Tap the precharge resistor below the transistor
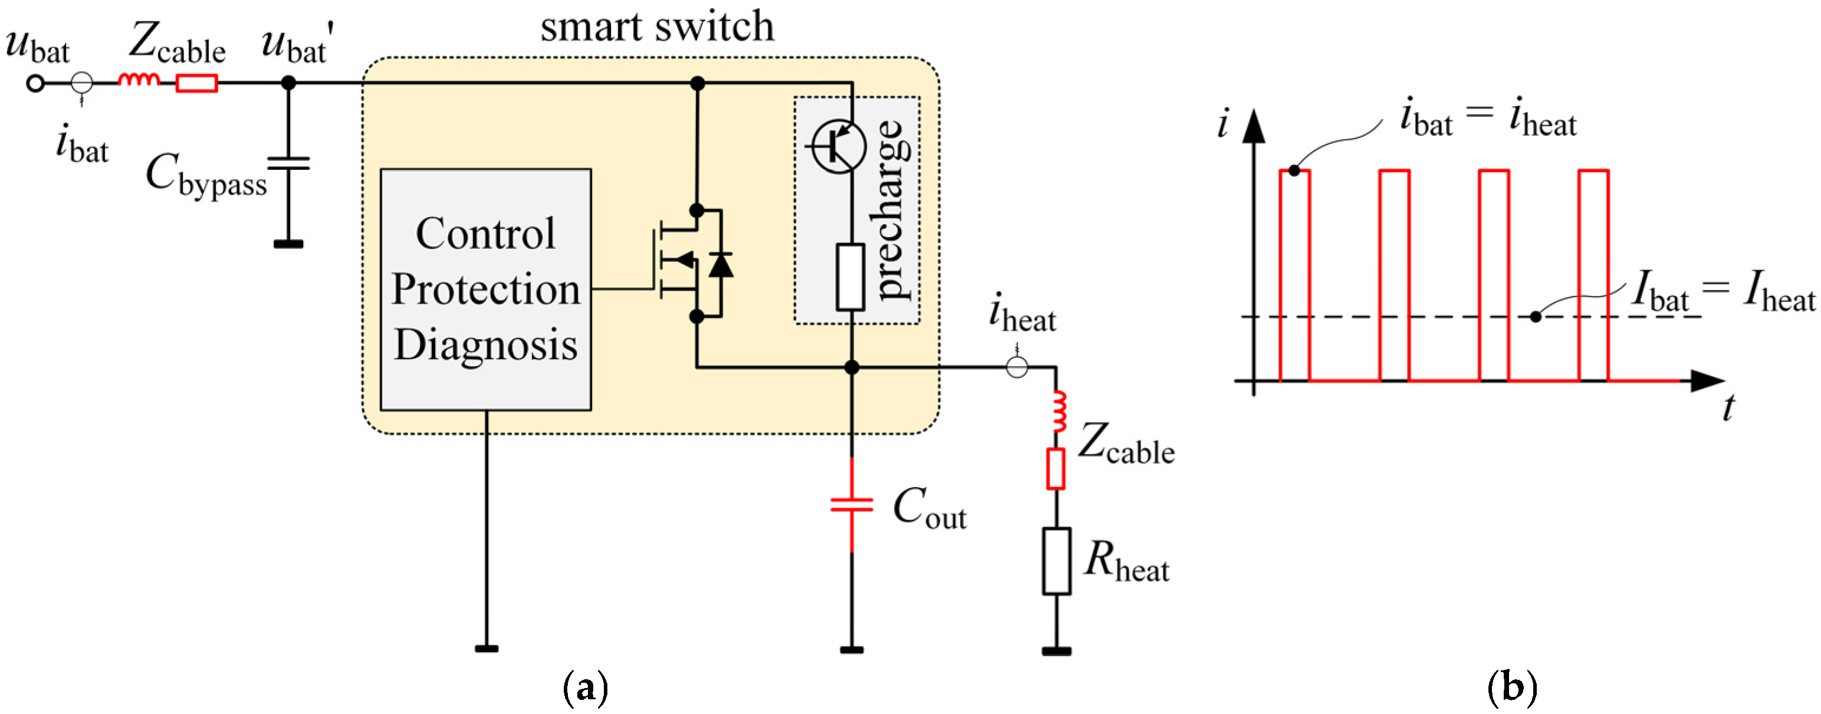click(x=850, y=277)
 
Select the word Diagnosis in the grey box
click(x=486, y=344)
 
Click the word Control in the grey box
click(x=486, y=233)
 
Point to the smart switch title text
click(x=657, y=27)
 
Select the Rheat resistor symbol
click(x=1056, y=561)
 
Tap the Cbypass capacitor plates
click(x=288, y=164)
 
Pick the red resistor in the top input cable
click(x=196, y=83)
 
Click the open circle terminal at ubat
click(x=35, y=83)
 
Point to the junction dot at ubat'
click(x=288, y=83)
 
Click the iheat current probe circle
click(x=1017, y=367)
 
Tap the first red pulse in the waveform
click(x=1294, y=276)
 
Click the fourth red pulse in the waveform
click(x=1593, y=276)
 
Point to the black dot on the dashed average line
click(x=1536, y=317)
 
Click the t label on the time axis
click(x=1728, y=408)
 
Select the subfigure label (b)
click(x=1512, y=686)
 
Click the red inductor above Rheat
click(x=1059, y=412)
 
